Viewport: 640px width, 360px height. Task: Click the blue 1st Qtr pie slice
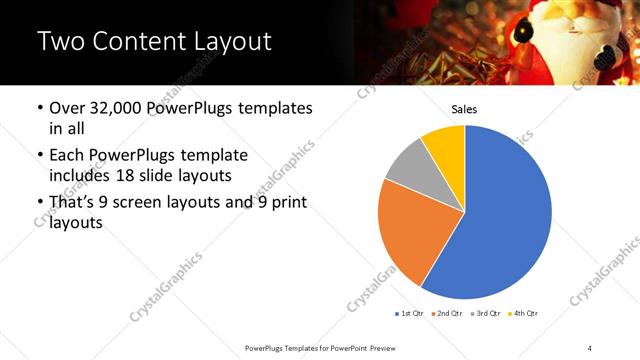tap(505, 220)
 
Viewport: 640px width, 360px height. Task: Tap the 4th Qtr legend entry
tap(526, 314)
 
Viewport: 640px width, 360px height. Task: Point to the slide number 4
tap(590, 347)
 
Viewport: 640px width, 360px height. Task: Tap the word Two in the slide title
tap(57, 42)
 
